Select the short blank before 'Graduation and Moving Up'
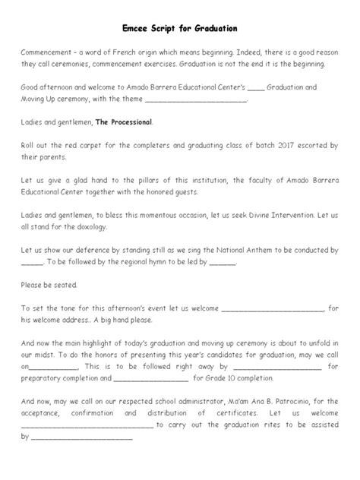tap(256, 87)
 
